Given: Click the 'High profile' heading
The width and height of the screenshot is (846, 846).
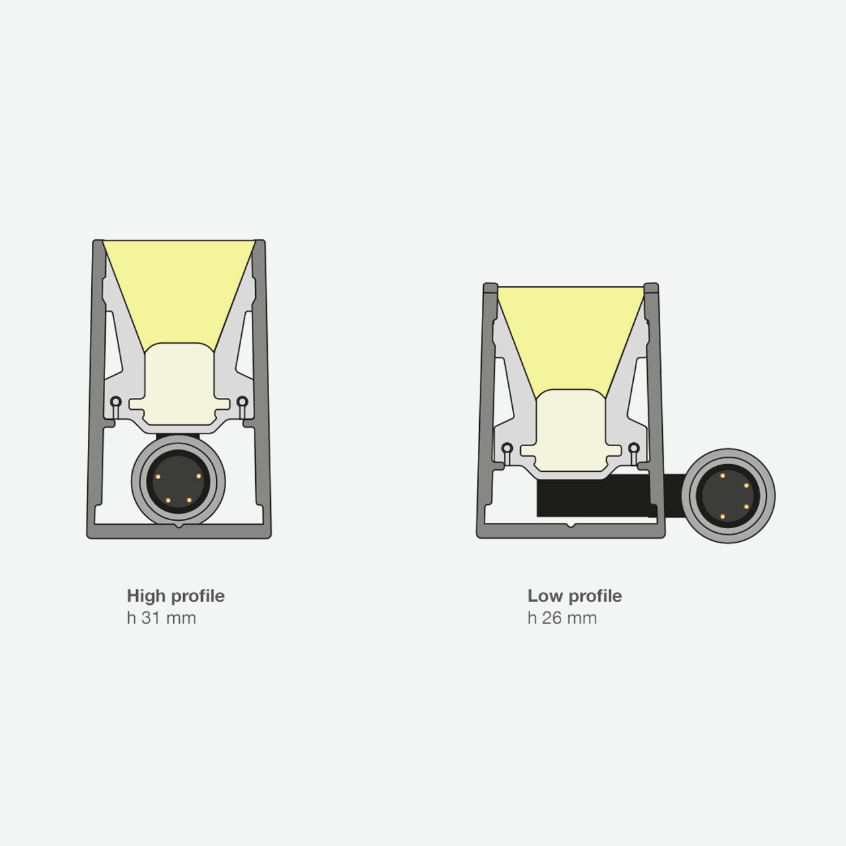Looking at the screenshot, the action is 176,596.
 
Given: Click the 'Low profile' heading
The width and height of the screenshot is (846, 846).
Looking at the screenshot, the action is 574,596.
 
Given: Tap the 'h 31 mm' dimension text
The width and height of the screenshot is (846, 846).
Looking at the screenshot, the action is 161,618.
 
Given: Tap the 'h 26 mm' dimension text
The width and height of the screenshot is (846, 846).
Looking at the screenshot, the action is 562,618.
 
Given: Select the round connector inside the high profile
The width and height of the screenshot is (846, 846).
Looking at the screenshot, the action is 178,482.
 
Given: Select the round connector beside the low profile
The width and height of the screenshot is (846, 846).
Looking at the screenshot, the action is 728,496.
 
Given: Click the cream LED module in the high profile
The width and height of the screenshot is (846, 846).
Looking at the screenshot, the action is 179,384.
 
